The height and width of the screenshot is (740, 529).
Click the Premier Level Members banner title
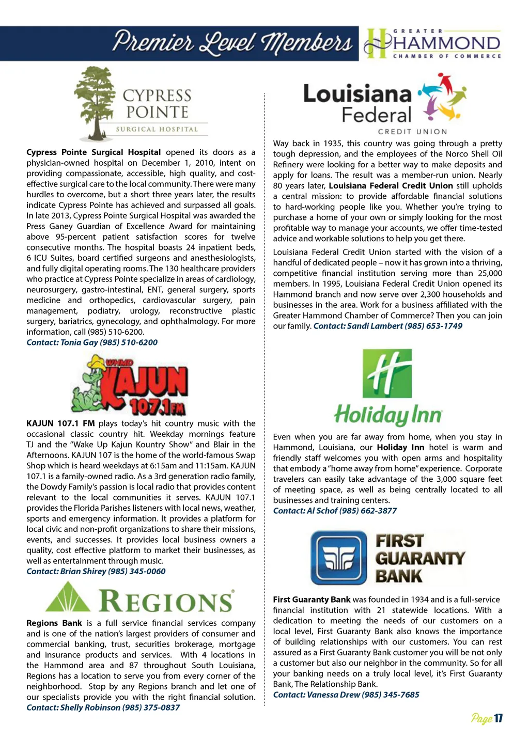tap(232, 43)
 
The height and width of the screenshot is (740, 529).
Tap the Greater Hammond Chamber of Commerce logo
tap(432, 43)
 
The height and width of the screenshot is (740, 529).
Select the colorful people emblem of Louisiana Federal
tap(442, 99)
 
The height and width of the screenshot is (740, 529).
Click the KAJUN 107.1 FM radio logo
tap(130, 385)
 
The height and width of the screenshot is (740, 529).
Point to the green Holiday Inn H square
tap(387, 372)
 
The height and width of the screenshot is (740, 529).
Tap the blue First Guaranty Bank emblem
tap(339, 557)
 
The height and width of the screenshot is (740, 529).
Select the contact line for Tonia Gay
tap(92, 342)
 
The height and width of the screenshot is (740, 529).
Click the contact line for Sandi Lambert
tap(387, 326)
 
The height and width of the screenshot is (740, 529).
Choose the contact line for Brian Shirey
tap(96, 571)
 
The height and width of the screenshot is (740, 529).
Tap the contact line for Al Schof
tap(335, 511)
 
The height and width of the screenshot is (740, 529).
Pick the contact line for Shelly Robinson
tap(103, 707)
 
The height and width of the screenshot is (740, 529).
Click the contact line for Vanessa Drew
tap(346, 695)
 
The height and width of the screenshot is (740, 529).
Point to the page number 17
tap(498, 718)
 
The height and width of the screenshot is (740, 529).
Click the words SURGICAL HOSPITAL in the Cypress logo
tap(157, 129)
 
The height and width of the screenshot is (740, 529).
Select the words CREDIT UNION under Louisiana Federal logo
tap(412, 132)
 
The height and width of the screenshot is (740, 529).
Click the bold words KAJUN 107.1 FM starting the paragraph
tap(60, 423)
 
